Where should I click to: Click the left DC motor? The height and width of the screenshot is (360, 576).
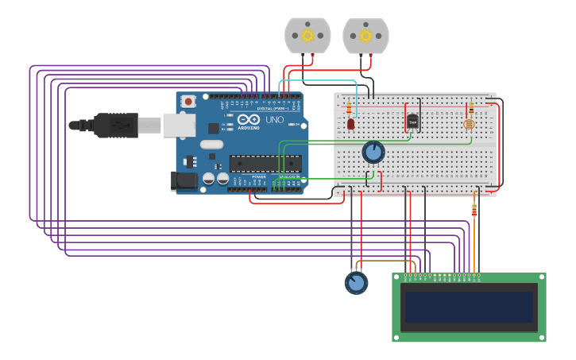(x=307, y=36)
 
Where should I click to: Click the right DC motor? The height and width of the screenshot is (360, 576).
(x=365, y=36)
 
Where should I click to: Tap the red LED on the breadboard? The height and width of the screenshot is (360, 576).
(x=350, y=124)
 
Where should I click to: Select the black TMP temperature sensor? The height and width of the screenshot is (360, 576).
(x=412, y=122)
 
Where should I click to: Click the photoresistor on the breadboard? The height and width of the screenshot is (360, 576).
(x=469, y=124)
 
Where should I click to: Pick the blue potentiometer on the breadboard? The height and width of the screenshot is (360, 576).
(x=373, y=152)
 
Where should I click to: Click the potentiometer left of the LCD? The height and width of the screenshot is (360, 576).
(x=356, y=282)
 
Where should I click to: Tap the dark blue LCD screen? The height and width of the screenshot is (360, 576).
(x=469, y=307)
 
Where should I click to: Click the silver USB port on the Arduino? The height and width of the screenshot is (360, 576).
(x=179, y=125)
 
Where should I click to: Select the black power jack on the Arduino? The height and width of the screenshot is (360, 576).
(x=184, y=181)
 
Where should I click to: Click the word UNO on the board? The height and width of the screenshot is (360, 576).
(x=274, y=120)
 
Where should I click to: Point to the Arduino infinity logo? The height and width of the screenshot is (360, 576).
(x=248, y=119)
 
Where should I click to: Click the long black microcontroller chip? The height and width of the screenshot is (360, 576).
(x=265, y=163)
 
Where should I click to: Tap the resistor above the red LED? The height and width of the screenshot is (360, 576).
(x=349, y=106)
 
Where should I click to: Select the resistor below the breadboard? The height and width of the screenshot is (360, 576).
(x=474, y=210)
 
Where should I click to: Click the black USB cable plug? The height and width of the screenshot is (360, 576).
(x=116, y=125)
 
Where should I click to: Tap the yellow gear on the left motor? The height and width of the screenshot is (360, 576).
(x=307, y=35)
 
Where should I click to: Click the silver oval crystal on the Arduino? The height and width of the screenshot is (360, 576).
(x=211, y=145)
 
